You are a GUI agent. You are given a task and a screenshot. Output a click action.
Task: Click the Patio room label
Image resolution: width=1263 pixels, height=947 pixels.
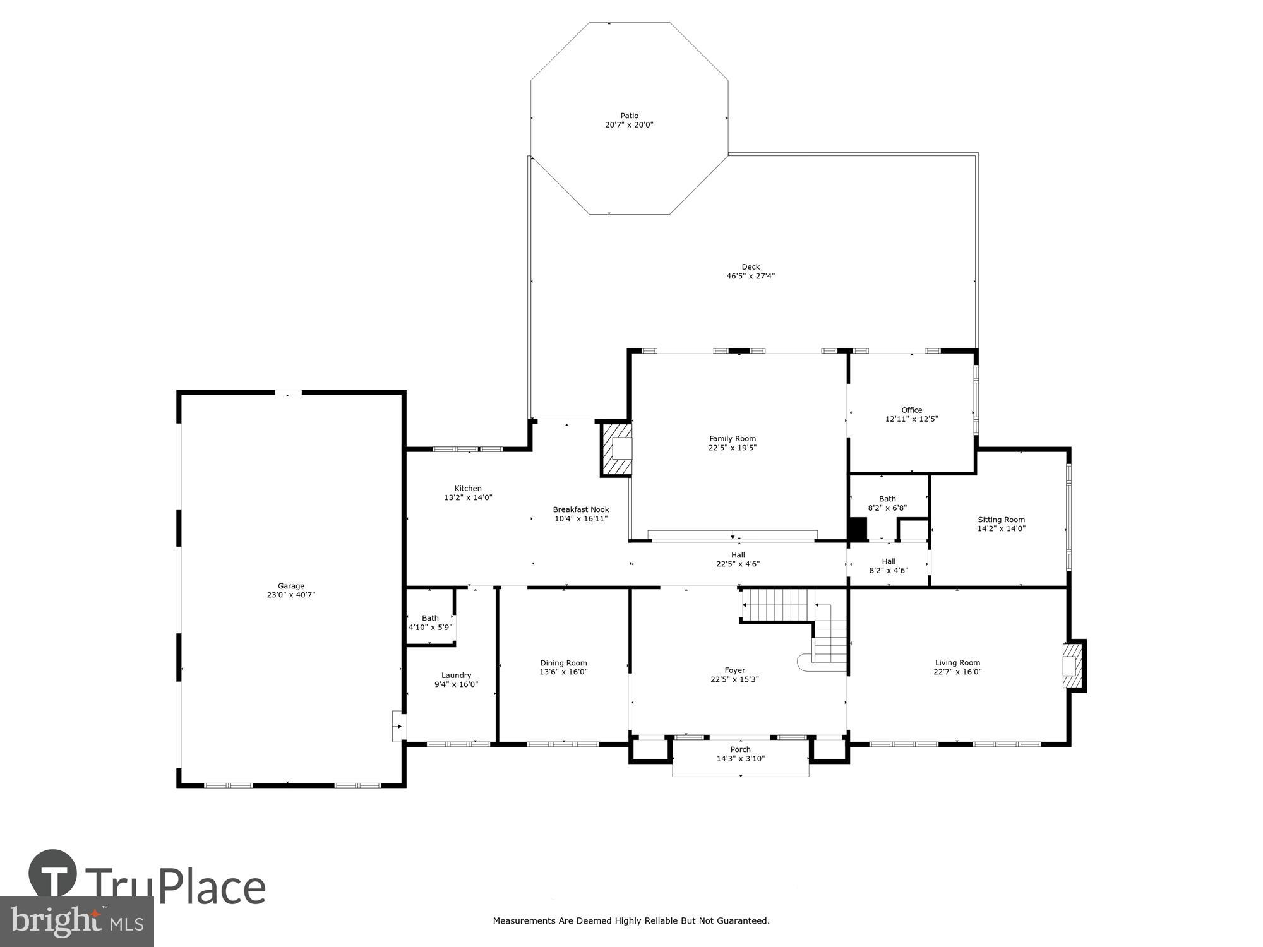pyautogui.click(x=629, y=116)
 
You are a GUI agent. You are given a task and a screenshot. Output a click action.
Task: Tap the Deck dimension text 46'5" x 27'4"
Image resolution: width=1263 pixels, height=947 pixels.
pyautogui.click(x=750, y=276)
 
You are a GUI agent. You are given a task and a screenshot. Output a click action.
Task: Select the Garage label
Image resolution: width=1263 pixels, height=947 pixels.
pyautogui.click(x=290, y=586)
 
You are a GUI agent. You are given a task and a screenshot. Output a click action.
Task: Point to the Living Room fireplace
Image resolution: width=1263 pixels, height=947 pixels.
pyautogui.click(x=1074, y=666)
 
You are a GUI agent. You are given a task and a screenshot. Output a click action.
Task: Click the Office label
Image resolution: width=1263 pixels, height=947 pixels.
pyautogui.click(x=911, y=410)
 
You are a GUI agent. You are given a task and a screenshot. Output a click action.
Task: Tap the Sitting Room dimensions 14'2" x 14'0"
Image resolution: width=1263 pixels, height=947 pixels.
pyautogui.click(x=1001, y=529)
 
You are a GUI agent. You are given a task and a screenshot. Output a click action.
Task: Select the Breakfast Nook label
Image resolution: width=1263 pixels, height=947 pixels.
pyautogui.click(x=580, y=509)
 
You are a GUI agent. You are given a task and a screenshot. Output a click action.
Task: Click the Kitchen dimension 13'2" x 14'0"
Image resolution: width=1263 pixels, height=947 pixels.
pyautogui.click(x=468, y=497)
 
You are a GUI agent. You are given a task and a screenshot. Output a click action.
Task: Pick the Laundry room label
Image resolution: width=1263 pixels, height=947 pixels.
pyautogui.click(x=456, y=675)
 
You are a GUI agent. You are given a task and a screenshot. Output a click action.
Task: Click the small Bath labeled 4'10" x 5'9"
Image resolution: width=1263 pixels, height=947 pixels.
pyautogui.click(x=430, y=622)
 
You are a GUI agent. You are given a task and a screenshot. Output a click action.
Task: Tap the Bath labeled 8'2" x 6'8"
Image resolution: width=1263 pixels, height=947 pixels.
pyautogui.click(x=887, y=503)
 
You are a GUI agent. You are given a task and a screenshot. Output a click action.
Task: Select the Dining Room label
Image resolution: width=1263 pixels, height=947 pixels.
pyautogui.click(x=563, y=663)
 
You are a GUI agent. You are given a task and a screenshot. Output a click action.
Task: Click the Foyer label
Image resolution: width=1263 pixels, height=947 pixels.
pyautogui.click(x=734, y=670)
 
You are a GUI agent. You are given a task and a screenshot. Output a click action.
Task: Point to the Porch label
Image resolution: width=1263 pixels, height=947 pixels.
pyautogui.click(x=740, y=749)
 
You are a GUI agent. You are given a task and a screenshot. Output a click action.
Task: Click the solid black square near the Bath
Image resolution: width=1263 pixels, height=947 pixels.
pyautogui.click(x=857, y=529)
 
